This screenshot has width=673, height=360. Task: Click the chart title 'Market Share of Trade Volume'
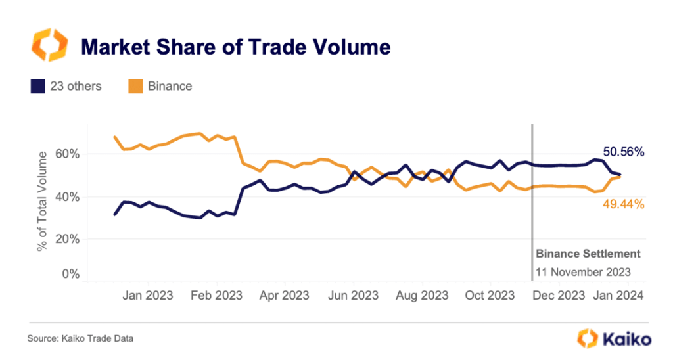(235, 47)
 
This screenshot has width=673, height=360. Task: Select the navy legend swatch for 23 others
(37, 86)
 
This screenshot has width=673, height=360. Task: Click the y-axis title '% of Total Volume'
(43, 200)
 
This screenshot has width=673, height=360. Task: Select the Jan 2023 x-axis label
(147, 296)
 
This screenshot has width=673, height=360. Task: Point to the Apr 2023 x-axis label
(284, 296)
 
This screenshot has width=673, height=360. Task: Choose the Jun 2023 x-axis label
(353, 296)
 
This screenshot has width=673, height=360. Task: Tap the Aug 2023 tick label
(421, 296)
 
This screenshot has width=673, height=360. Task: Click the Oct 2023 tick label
(490, 296)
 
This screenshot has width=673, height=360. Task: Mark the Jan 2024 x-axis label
(620, 296)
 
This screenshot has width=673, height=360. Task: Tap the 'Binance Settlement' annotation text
(588, 254)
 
